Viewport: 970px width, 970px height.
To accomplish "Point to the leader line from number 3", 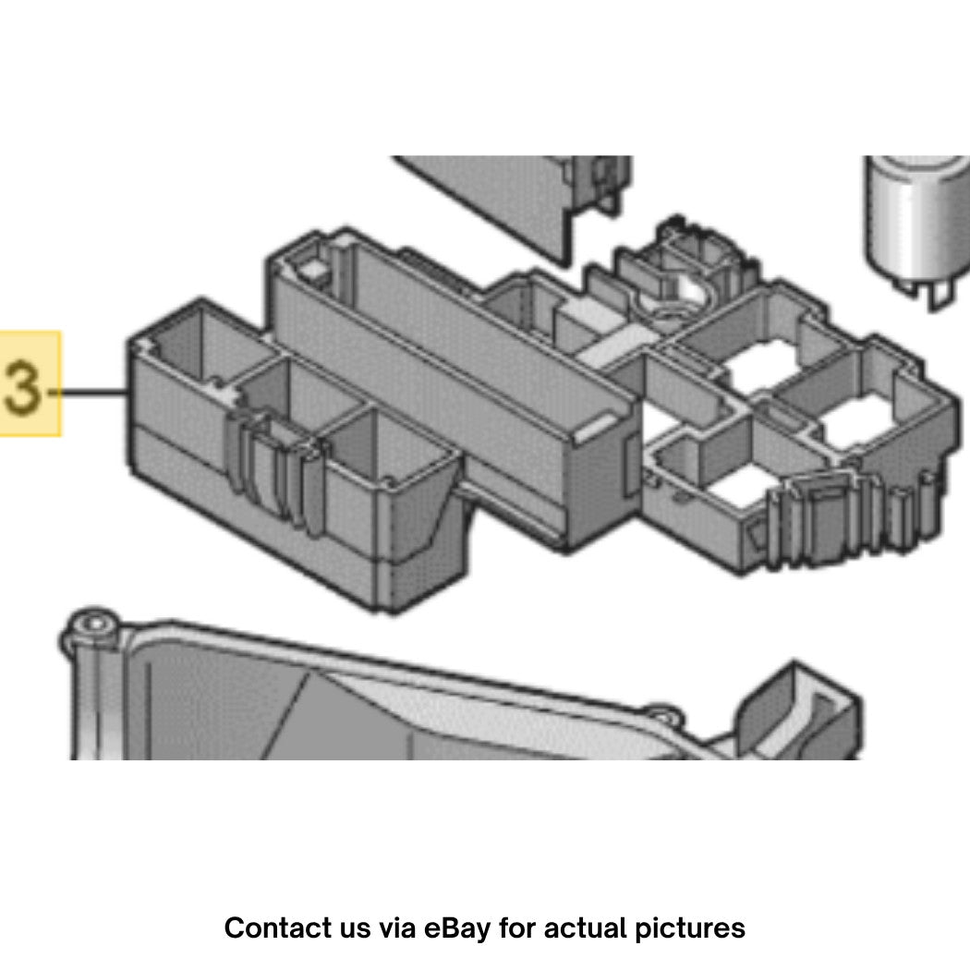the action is [88, 392].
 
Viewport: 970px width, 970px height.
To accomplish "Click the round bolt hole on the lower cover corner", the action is [94, 624].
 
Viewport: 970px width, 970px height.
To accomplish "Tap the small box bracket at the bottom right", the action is [798, 710].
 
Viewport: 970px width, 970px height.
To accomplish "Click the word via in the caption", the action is [396, 928].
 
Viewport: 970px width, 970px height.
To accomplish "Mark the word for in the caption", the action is [517, 928].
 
